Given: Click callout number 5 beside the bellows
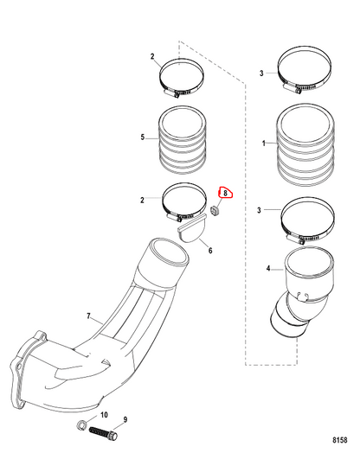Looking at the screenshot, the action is tap(142, 137).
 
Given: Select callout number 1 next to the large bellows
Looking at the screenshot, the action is tap(263, 143).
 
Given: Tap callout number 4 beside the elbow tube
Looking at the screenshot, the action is tap(268, 268).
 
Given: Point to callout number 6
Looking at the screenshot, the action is tap(210, 251).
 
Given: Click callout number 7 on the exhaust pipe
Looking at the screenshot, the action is tap(89, 316).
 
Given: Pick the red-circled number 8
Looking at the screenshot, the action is tap(225, 193).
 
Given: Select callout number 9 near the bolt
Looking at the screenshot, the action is tap(125, 419).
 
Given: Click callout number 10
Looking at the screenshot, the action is tap(104, 415).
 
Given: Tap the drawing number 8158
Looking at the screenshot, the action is tap(340, 440).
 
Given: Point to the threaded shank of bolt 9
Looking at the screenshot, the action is tap(99, 431).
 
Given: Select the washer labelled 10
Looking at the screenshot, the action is tap(80, 424).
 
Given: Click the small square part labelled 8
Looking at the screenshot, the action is tap(215, 211).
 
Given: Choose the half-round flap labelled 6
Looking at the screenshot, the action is tap(192, 230).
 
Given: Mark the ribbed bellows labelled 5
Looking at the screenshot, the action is tap(183, 140).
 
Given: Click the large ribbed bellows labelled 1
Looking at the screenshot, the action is tap(305, 144).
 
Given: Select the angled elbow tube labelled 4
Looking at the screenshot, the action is tap(302, 292).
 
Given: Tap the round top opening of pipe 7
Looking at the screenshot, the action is tap(167, 252).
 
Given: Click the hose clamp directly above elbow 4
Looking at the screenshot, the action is tap(308, 220).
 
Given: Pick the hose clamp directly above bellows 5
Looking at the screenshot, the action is tap(182, 78).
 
